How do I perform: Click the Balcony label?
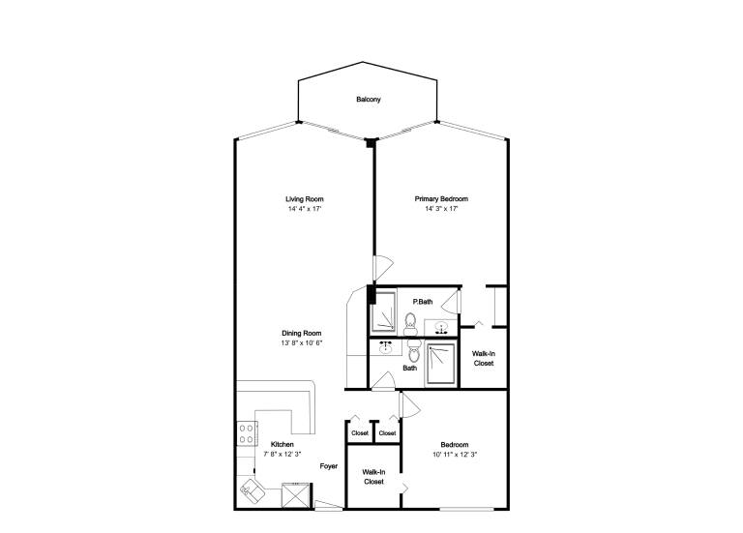369,100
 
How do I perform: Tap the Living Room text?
304,199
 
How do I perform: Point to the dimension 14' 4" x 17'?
305,209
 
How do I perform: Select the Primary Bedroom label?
441,199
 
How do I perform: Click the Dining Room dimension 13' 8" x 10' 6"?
302,342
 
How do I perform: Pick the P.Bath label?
423,301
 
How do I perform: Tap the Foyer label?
328,466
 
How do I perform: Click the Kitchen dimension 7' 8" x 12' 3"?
282,454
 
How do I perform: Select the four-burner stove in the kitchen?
247,433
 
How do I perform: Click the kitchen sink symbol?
253,489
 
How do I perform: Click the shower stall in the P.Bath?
383,312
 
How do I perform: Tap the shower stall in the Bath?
441,364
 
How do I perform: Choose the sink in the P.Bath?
441,327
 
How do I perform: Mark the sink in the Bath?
385,347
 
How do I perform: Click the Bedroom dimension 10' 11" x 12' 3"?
455,454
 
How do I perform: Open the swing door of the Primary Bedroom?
383,268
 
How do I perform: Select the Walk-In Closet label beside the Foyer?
373,477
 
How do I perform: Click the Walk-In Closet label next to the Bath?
484,358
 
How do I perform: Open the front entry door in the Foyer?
328,505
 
